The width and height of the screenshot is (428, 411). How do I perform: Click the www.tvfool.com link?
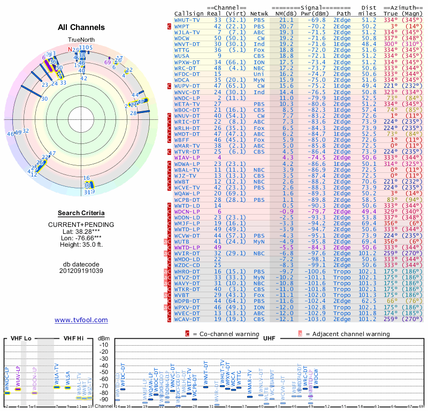tap(81, 320)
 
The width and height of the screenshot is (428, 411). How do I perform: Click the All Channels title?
tap(81, 27)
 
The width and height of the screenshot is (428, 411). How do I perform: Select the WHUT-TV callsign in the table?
tap(187, 20)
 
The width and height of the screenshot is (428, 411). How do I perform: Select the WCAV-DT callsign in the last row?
tap(187, 319)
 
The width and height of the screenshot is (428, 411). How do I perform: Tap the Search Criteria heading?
tap(81, 213)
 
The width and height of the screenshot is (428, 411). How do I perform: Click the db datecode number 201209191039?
tap(81, 270)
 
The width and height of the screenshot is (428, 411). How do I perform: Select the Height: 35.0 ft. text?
tap(81, 245)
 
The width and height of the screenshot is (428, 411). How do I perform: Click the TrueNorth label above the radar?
tap(81, 40)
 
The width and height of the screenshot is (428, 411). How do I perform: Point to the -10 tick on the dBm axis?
tap(104, 345)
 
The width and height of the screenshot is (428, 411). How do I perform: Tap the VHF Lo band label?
tap(20, 339)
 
